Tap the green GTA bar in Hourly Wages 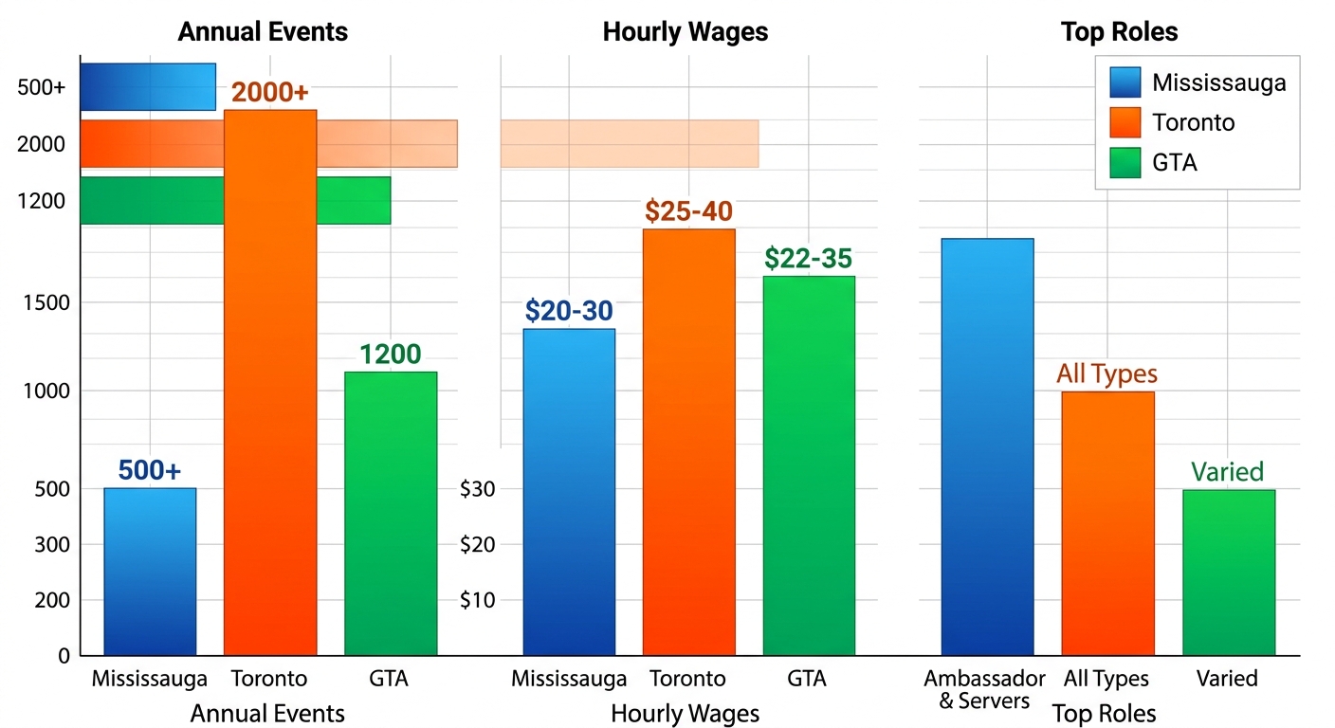click(809, 464)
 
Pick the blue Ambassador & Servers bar click(987, 446)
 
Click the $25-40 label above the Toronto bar click(688, 211)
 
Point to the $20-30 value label click(569, 311)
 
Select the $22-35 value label click(808, 258)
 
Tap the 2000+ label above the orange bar click(270, 93)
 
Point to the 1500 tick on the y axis click(46, 302)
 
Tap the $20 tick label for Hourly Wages click(478, 544)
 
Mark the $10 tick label click(478, 600)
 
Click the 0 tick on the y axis click(64, 655)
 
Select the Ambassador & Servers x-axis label click(984, 689)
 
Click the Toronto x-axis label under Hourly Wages click(687, 679)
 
